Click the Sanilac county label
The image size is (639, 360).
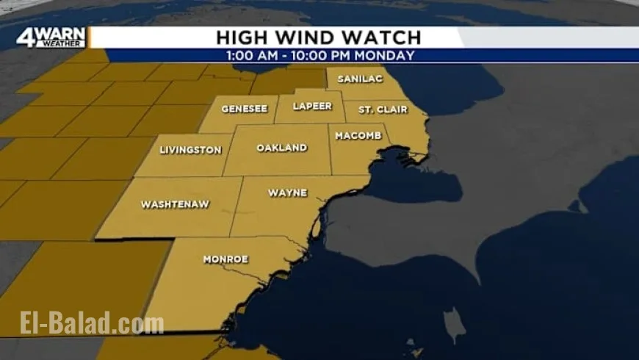(355, 79)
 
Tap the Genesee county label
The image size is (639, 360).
(245, 108)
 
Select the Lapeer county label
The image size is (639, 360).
(312, 106)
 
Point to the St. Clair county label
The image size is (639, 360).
(379, 109)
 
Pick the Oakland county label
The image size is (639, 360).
(281, 148)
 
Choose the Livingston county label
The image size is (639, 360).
(190, 150)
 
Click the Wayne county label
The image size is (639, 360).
(287, 193)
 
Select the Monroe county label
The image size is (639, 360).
(225, 259)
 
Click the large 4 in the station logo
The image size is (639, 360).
(26, 37)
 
